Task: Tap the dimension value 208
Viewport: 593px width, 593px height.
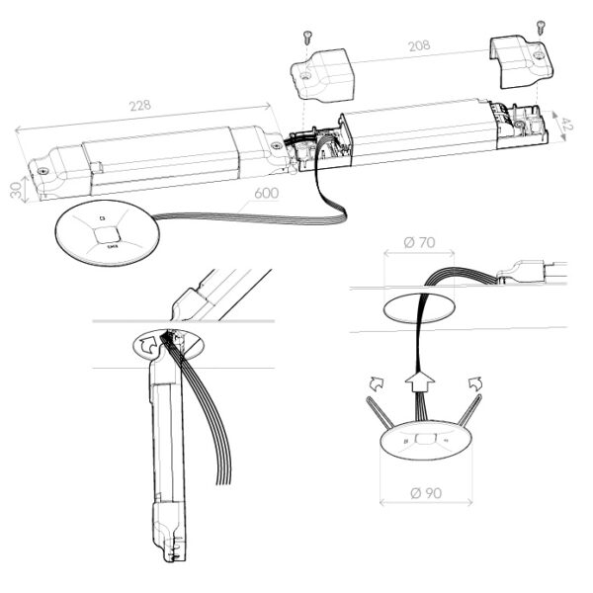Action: click(419, 46)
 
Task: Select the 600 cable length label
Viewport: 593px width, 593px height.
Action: click(265, 194)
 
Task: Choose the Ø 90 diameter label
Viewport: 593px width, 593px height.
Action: click(426, 492)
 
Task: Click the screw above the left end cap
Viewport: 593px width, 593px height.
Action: click(307, 39)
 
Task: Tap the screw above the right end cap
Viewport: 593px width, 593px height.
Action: click(540, 28)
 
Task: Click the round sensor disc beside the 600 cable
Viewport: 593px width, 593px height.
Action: click(106, 232)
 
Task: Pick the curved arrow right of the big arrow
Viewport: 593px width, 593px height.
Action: click(473, 382)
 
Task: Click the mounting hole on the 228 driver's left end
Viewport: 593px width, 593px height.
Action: click(43, 169)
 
